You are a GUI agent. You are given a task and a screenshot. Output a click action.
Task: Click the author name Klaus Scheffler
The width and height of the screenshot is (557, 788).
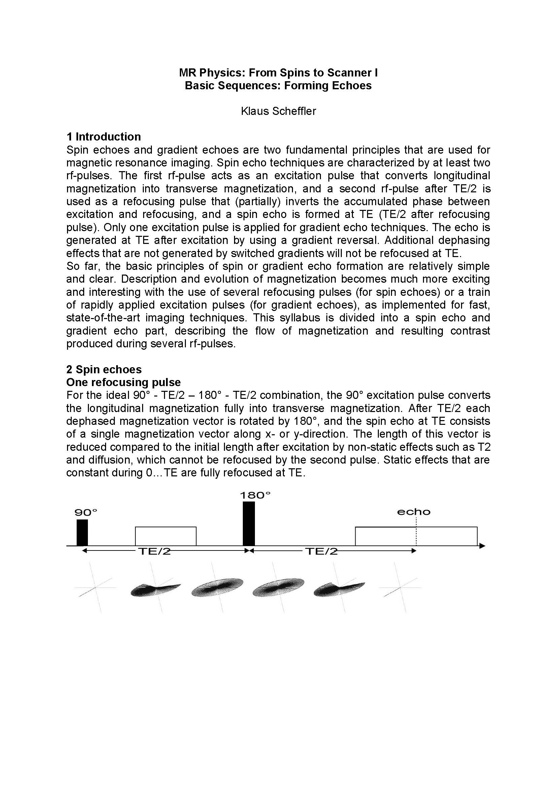pyautogui.click(x=278, y=111)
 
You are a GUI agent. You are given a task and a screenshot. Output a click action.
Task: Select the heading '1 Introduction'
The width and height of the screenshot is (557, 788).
pyautogui.click(x=104, y=136)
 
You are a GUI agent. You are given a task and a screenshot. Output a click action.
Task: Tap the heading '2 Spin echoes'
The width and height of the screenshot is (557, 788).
pyautogui.click(x=104, y=369)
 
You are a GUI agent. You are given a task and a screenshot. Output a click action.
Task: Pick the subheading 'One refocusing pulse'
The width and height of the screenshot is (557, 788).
pyautogui.click(x=123, y=382)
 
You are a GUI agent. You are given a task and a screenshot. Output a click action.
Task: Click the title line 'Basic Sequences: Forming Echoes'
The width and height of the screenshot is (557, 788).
pyautogui.click(x=278, y=86)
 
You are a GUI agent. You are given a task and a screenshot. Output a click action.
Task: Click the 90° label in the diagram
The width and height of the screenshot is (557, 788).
pyautogui.click(x=86, y=513)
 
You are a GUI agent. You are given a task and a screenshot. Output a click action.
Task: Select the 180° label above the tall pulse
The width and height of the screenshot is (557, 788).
pyautogui.click(x=255, y=496)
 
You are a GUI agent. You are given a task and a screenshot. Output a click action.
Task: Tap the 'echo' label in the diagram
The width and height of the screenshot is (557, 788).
pyautogui.click(x=414, y=512)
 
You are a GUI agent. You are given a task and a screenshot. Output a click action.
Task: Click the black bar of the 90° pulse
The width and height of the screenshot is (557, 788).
pyautogui.click(x=82, y=533)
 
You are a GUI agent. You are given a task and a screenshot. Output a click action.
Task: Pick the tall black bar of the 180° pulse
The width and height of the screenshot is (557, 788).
pyautogui.click(x=249, y=524)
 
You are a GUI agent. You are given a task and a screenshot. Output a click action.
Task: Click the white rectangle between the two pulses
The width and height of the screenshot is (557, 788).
pyautogui.click(x=166, y=536)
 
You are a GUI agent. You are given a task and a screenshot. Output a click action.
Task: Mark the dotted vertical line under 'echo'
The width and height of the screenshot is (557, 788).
pyautogui.click(x=416, y=532)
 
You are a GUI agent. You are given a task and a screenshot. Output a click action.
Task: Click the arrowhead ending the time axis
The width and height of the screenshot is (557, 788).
pyautogui.click(x=482, y=546)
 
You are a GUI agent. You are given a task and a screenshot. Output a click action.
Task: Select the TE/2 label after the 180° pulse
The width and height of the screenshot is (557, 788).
pyautogui.click(x=321, y=551)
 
